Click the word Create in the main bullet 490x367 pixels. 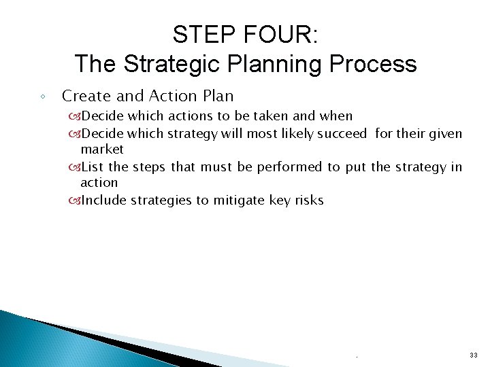[x=84, y=96]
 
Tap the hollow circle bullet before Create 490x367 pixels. [x=42, y=97]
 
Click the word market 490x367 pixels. [x=102, y=149]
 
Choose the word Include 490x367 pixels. [x=103, y=200]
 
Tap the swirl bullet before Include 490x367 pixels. [x=73, y=200]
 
